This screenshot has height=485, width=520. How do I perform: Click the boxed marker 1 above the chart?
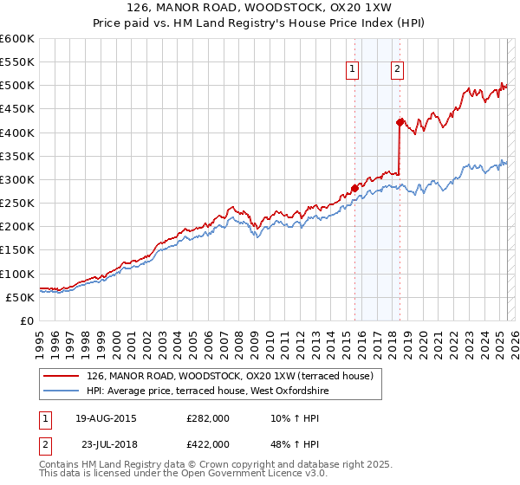click(x=354, y=70)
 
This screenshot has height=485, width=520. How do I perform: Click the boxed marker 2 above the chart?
click(x=397, y=70)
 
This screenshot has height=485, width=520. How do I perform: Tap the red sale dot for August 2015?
click(x=354, y=188)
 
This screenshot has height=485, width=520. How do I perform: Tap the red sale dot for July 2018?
click(x=400, y=122)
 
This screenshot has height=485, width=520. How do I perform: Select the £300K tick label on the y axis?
click(x=17, y=179)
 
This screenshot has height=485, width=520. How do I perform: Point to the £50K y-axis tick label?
click(x=21, y=297)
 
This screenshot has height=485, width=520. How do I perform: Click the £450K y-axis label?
click(x=17, y=109)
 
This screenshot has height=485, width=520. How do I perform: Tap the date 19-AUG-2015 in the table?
click(x=105, y=418)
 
